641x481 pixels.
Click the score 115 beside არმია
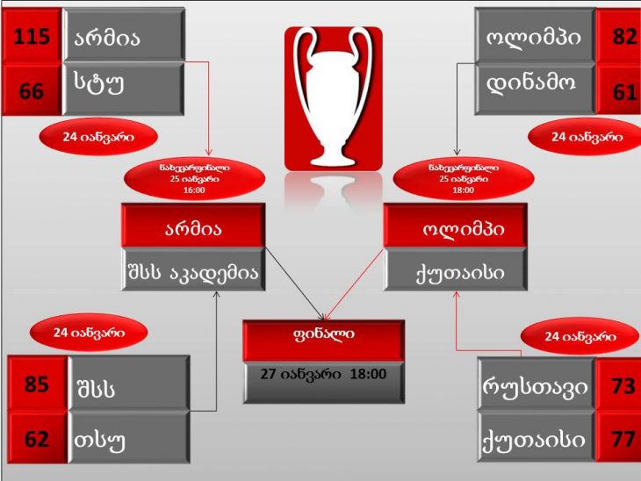32,36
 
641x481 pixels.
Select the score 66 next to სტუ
32,90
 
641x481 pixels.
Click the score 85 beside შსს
38,384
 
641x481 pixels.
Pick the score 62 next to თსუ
38,438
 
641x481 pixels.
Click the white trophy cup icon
334,98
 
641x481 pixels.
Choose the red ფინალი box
324,341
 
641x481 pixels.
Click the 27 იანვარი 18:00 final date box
324,383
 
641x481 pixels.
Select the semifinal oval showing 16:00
195,179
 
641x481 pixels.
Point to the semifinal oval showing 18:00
464,179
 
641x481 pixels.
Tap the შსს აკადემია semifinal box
194,269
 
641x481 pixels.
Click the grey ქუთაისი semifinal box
456,269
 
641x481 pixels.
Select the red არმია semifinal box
194,226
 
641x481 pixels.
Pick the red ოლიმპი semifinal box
456,226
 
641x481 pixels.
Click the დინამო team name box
535,89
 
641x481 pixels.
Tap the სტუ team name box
124,89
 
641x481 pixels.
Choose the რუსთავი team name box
536,385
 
